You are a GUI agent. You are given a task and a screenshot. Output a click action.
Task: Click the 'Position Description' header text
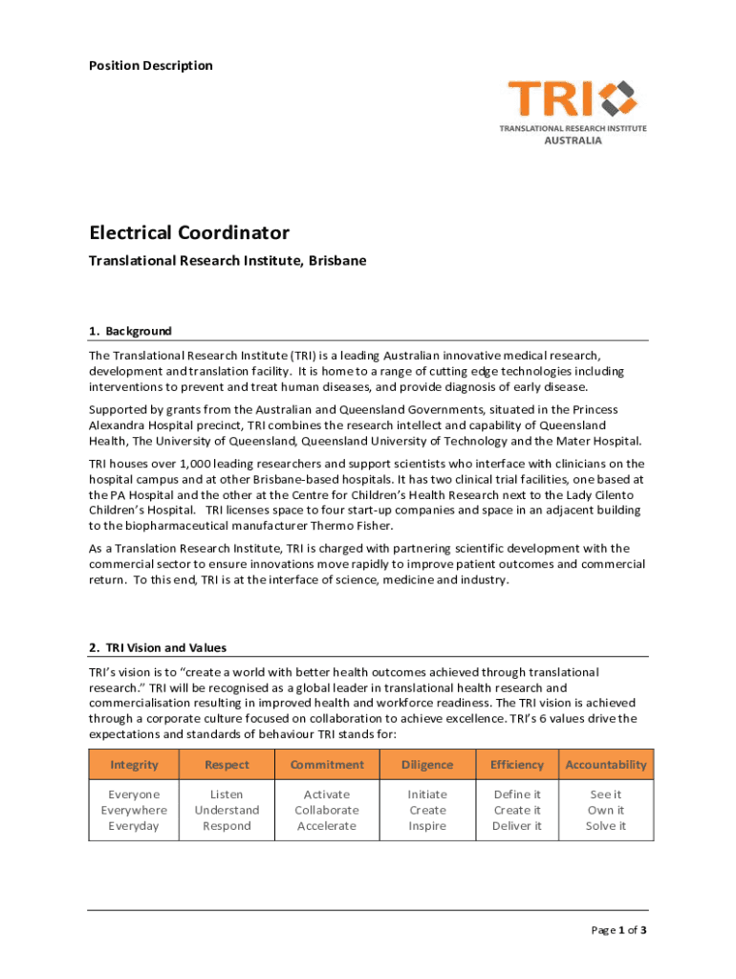151,65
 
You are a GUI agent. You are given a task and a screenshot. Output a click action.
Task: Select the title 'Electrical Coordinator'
189,232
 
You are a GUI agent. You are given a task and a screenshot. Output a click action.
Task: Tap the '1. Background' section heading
130,331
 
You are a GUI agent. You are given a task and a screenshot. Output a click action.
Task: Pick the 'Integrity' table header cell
134,764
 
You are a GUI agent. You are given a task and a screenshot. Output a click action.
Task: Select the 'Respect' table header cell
227,764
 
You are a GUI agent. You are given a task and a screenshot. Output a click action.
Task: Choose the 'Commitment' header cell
327,764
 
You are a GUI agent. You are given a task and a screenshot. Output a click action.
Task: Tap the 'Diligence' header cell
427,764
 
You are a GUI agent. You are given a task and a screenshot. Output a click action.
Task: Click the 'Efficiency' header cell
517,764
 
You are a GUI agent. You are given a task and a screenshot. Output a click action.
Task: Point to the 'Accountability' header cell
606,764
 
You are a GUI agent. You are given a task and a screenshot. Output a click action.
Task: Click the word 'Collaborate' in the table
327,810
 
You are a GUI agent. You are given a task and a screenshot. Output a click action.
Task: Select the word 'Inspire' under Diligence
427,825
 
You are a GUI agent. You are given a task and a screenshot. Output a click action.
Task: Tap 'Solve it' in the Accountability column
606,825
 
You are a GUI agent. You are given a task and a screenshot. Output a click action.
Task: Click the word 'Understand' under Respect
227,810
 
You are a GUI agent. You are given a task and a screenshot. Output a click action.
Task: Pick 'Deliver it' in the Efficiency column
517,825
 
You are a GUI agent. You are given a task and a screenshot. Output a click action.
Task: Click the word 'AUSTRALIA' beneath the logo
573,140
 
